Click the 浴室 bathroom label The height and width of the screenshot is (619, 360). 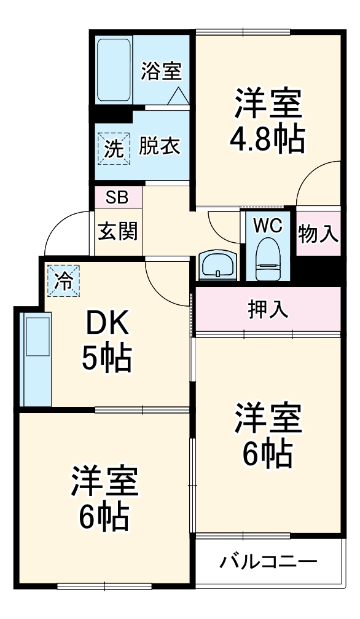coord(162,71)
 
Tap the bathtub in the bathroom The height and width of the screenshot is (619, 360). coord(114,70)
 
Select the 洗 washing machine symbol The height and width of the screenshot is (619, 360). coord(113,148)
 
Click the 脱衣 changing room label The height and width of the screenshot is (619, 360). coord(159,147)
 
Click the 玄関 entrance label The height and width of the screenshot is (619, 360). coord(118,232)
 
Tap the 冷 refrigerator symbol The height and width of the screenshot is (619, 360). coord(63,281)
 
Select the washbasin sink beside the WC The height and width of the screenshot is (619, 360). coord(218,266)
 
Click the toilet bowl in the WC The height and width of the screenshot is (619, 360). coord(267,258)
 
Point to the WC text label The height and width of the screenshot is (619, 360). coord(268,226)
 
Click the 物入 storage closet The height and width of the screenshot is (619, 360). coord(318,233)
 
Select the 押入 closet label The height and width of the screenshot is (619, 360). coord(268,309)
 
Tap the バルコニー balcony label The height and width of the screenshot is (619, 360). coord(268,561)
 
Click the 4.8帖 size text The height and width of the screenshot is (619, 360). coord(267,141)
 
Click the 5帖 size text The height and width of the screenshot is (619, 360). coord(107,360)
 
